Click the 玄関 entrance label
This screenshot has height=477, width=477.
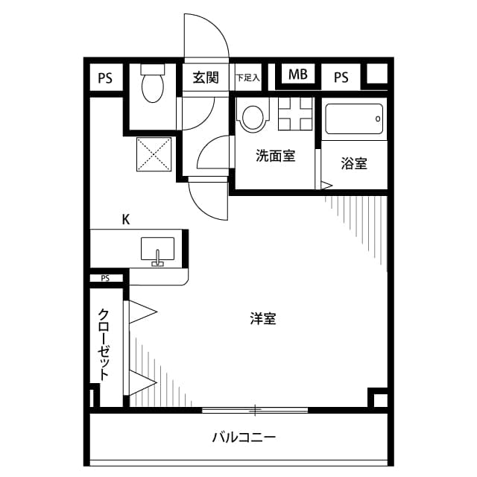coord(205,77)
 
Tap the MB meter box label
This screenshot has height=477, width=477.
coord(298,75)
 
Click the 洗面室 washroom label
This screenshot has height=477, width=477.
coord(275,157)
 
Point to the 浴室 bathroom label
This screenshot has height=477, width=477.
coord(354,163)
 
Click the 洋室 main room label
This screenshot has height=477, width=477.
coord(263,319)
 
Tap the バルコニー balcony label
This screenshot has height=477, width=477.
coord(244,437)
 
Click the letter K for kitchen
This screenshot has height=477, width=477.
coord(126,219)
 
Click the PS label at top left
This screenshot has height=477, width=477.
coord(105,77)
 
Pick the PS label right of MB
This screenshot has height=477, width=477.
coord(341,77)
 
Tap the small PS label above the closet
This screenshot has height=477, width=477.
coord(105,279)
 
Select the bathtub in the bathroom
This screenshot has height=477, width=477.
coord(354,118)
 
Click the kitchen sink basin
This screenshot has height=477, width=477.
coord(157,249)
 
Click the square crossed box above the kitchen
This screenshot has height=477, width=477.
coord(154,155)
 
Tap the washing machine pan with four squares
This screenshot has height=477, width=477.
coord(295,116)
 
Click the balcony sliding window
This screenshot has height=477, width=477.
coord(255,409)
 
